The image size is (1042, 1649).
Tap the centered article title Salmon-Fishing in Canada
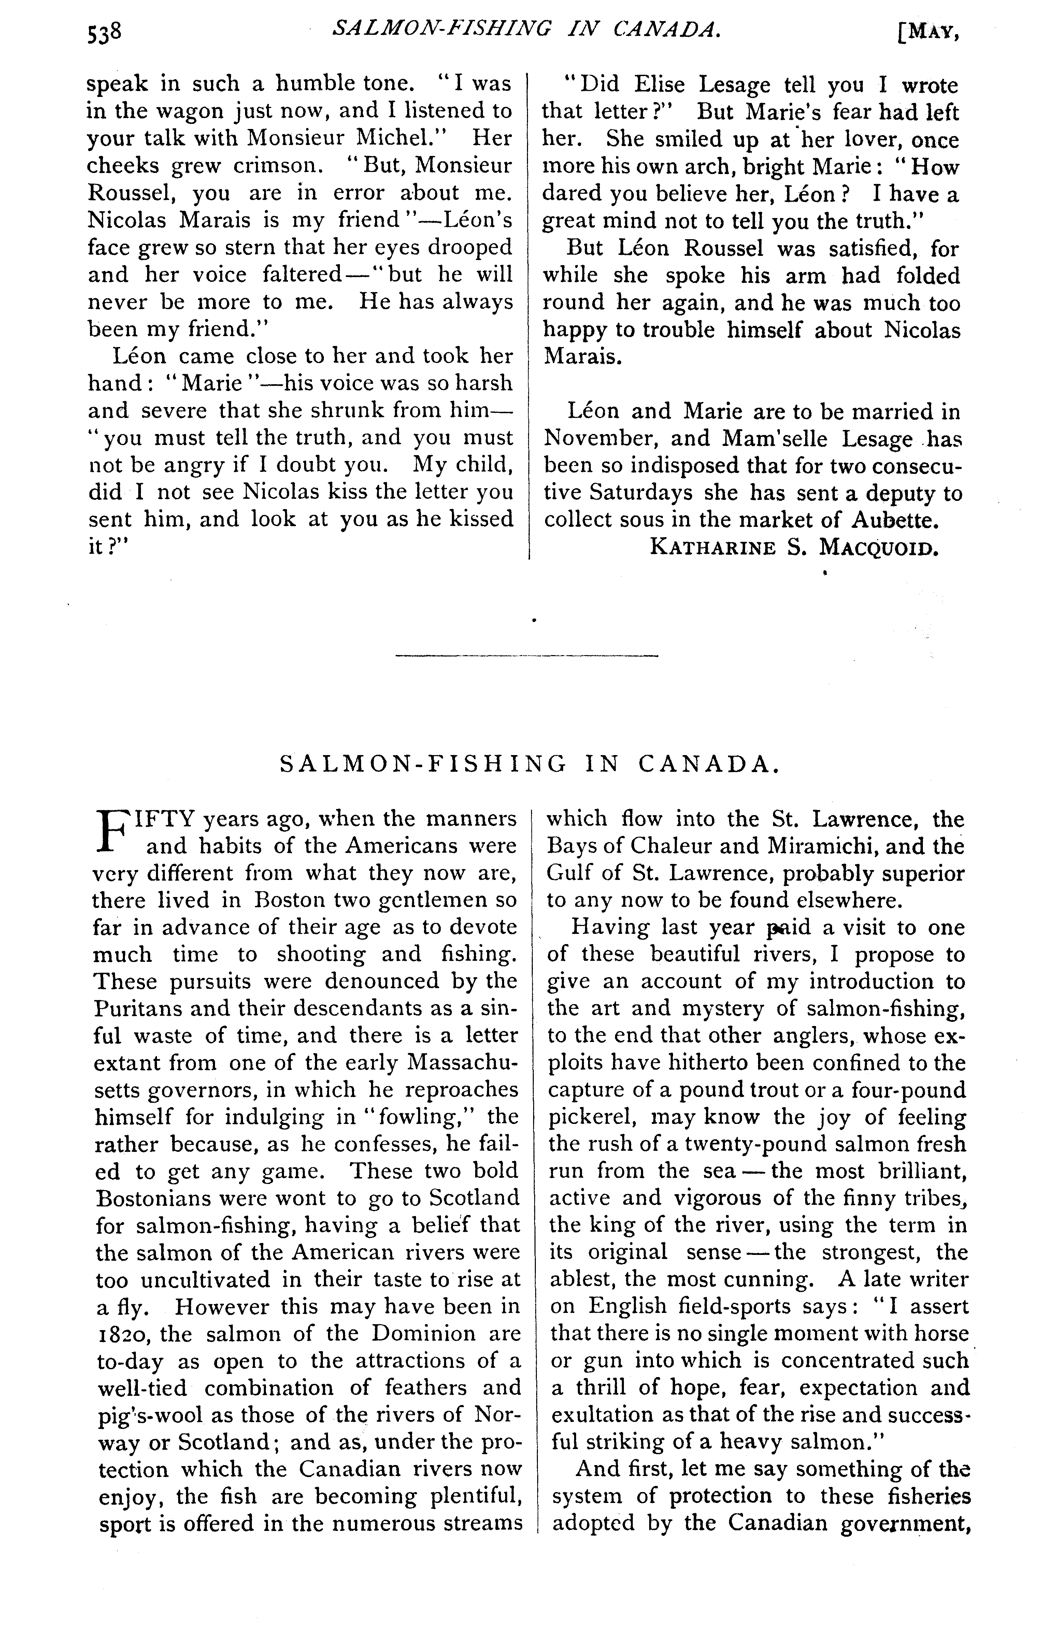[x=530, y=764]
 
